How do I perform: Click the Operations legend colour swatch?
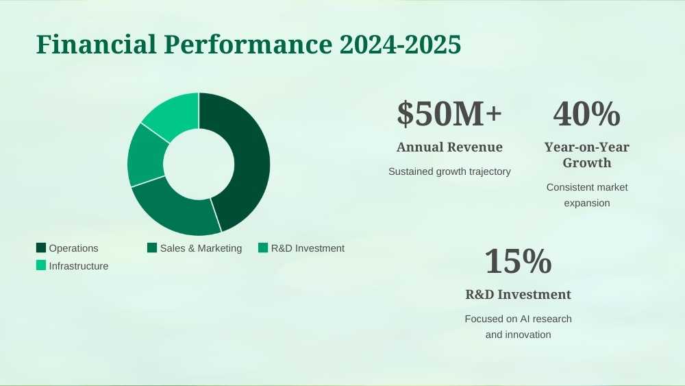[41, 248]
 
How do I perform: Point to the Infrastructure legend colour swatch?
[41, 265]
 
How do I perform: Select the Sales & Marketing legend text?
[201, 248]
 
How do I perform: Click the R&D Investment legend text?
[308, 248]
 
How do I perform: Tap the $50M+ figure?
[449, 114]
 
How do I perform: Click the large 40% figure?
[587, 114]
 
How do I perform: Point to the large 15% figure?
[518, 261]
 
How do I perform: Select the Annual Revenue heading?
[449, 147]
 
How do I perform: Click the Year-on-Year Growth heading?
[587, 155]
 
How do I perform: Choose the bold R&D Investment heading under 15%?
[518, 294]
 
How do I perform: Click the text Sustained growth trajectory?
[449, 171]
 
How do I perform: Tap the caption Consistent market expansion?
[587, 195]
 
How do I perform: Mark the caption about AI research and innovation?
[518, 326]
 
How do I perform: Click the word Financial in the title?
[96, 44]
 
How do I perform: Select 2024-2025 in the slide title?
[400, 44]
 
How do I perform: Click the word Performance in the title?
[248, 44]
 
